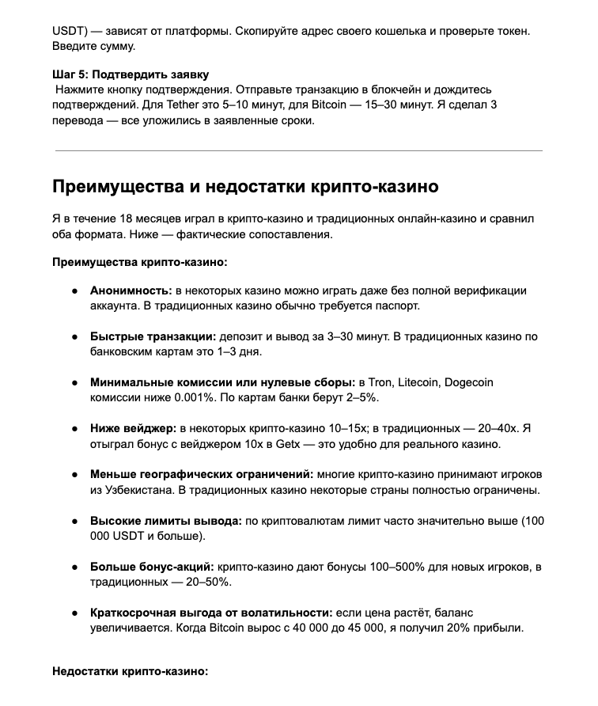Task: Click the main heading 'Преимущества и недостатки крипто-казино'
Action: point(245,188)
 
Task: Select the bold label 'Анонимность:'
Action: point(131,290)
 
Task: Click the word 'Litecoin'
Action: point(414,382)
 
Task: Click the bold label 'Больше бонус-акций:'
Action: point(152,567)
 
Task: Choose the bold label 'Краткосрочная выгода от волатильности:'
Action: point(211,613)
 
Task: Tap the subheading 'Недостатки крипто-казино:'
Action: point(130,672)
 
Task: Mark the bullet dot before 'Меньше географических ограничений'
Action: point(74,475)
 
